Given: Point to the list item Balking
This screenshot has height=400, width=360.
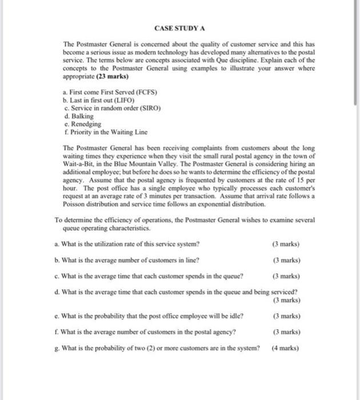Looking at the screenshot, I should [x=79, y=116].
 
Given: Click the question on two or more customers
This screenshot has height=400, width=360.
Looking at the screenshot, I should [x=157, y=347].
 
